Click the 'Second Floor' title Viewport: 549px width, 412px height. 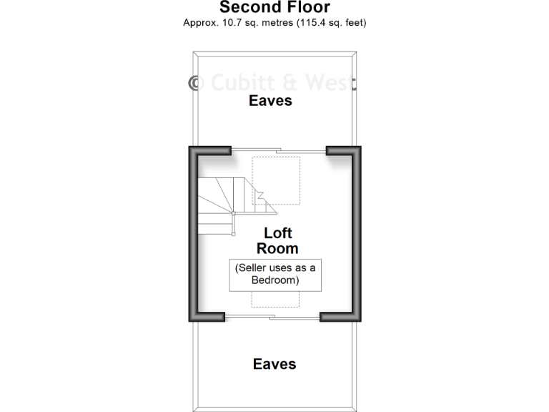coord(274,8)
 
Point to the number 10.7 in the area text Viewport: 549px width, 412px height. coord(232,23)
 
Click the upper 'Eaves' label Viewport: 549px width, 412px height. coord(270,101)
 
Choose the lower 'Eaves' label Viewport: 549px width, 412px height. coord(274,365)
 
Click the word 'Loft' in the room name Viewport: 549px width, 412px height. coord(278,233)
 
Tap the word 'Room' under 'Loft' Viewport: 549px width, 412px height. coord(278,249)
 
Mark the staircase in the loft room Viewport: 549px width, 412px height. coord(218,204)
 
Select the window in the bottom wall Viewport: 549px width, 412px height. coord(272,317)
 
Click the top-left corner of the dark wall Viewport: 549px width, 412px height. coord(194,151)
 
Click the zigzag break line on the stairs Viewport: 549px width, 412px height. coord(261,195)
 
